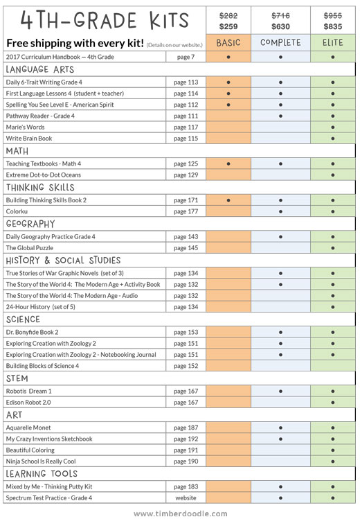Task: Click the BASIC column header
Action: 228,43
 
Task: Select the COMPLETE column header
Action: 280,43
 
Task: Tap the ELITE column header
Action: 332,43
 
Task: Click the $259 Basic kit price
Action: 228,26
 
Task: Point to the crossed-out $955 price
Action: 332,15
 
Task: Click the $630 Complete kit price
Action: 280,26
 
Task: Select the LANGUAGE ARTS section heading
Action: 39,69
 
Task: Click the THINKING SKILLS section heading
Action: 40,187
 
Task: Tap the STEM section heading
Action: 17,378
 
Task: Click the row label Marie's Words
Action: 25,127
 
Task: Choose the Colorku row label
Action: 17,211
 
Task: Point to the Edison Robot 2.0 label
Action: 28,402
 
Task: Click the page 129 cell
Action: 186,175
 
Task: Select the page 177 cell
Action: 186,211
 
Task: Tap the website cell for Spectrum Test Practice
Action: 186,498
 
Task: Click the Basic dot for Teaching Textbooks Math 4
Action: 228,164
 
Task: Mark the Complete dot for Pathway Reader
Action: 280,116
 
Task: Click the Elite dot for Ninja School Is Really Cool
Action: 333,461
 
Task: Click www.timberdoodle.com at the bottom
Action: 181,513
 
